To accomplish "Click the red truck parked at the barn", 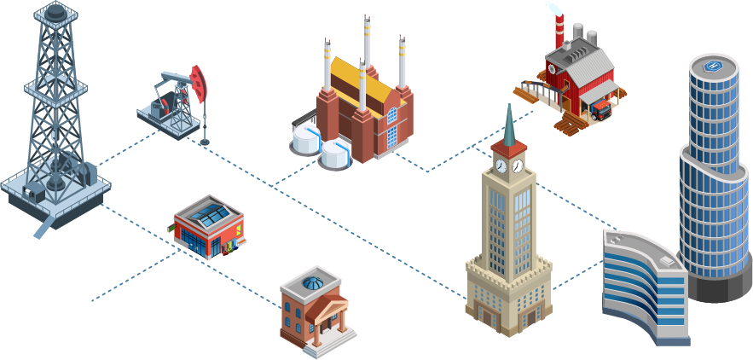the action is pos(600,107).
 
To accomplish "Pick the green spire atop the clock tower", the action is pos(508,124).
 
